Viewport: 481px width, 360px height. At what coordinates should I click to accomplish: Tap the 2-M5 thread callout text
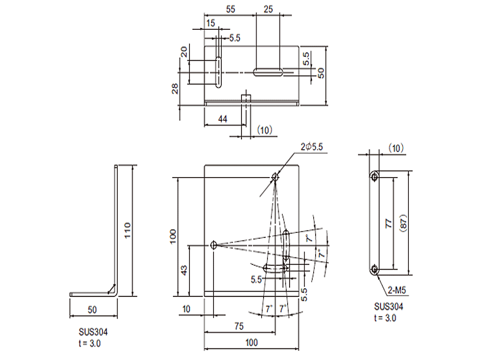(398, 290)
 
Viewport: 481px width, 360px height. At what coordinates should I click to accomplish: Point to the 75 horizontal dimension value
(239, 326)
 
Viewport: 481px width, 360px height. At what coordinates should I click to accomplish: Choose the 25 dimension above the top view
(268, 9)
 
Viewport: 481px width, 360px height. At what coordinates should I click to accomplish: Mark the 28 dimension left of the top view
(175, 88)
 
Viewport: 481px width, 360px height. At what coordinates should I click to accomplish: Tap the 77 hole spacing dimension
(389, 223)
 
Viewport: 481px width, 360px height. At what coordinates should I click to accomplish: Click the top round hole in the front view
(275, 177)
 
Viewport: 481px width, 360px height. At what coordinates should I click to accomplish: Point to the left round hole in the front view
(214, 245)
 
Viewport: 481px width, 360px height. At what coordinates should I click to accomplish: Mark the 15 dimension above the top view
(211, 23)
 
